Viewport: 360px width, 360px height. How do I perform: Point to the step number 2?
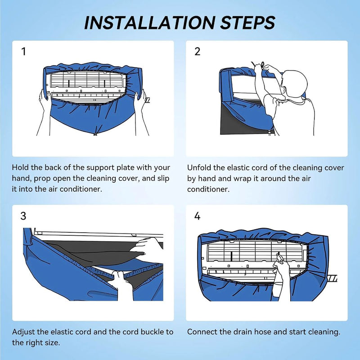click(197, 52)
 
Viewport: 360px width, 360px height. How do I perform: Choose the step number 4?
click(197, 216)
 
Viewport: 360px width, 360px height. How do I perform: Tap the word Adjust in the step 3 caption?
click(23, 332)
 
